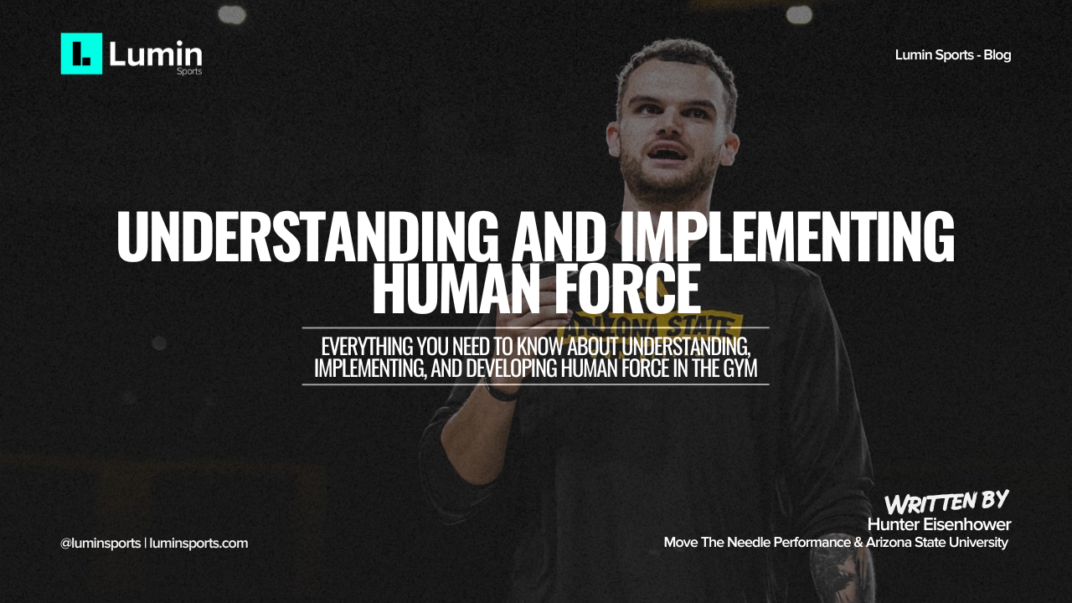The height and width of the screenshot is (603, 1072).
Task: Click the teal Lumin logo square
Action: [x=81, y=54]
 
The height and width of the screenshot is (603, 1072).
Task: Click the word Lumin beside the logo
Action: [x=156, y=54]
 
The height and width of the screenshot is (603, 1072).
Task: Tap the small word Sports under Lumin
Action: [x=189, y=71]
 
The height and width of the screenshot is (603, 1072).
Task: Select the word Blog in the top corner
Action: [x=997, y=55]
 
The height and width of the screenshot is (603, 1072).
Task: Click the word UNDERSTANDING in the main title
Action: [x=307, y=237]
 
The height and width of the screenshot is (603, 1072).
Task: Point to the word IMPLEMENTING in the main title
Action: [x=788, y=237]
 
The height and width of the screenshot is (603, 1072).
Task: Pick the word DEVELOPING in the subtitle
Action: [x=511, y=368]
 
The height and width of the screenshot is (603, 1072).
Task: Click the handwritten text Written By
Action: [x=946, y=502]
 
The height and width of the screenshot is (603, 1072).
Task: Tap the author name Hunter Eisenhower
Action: [x=940, y=524]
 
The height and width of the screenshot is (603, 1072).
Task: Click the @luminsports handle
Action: [x=100, y=544]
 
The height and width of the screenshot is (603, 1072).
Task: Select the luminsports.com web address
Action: [x=198, y=544]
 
